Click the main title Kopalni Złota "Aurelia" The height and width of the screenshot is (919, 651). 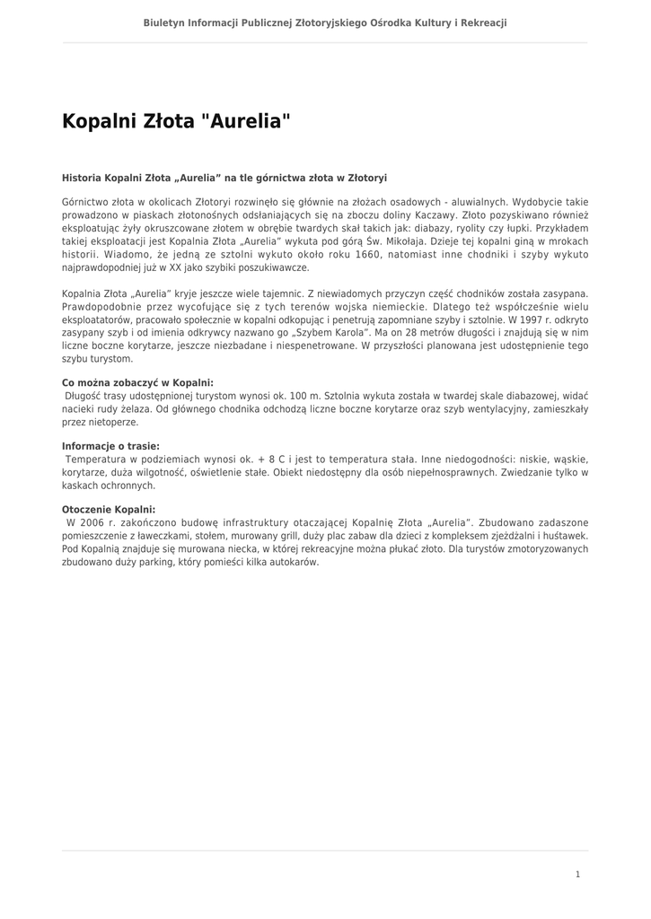[x=176, y=121]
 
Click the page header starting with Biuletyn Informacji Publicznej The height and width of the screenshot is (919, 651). [x=325, y=22]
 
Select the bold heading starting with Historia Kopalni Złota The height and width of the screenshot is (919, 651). [x=224, y=178]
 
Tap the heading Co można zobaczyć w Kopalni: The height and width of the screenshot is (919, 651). [x=137, y=381]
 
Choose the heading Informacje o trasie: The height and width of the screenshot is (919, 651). [x=110, y=446]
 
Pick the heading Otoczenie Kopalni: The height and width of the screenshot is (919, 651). [x=109, y=510]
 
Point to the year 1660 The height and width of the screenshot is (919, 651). [x=368, y=255]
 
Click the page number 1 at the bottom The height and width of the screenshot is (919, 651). [x=578, y=874]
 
